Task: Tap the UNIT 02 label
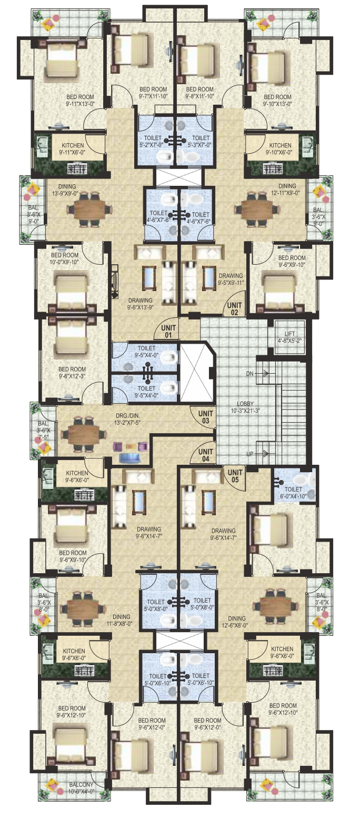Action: click(234, 308)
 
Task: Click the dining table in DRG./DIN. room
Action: click(79, 435)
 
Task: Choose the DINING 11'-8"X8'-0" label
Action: click(121, 621)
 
